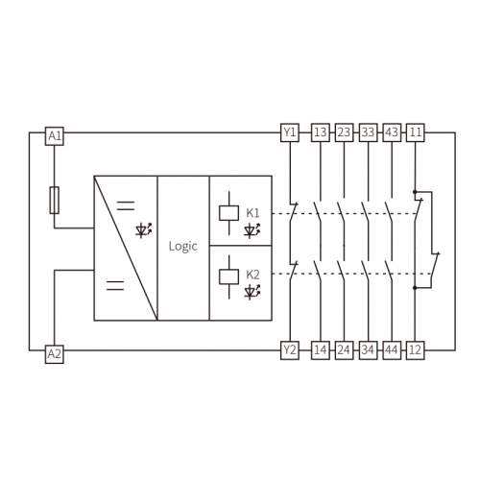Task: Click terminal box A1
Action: tap(55, 136)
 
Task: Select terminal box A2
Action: tap(55, 354)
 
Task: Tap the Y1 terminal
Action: tap(290, 132)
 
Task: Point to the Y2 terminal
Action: tap(290, 350)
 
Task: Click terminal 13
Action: tap(321, 132)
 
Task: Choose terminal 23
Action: tap(345, 132)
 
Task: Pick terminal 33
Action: tap(368, 132)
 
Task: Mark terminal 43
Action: tap(392, 132)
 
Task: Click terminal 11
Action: tap(416, 132)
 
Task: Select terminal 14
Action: tap(321, 350)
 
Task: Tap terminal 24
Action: tap(345, 350)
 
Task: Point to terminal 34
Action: tap(368, 350)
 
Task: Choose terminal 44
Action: tap(392, 350)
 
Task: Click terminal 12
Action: tap(416, 350)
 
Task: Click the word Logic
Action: tap(183, 247)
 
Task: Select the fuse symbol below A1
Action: tap(55, 200)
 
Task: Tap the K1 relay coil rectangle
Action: tap(228, 213)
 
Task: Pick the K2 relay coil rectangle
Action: tap(228, 276)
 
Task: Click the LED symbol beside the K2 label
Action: tap(252, 293)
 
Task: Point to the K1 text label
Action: tap(252, 213)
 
